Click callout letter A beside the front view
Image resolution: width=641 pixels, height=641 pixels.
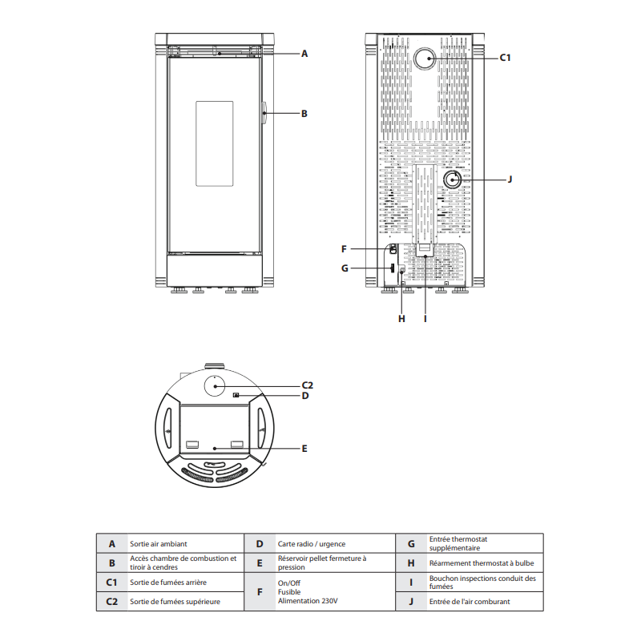click(x=304, y=54)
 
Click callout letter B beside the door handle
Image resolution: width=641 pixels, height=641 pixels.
click(x=304, y=114)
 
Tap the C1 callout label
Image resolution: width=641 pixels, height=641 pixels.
click(x=505, y=58)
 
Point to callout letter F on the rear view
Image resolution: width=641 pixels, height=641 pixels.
click(x=344, y=248)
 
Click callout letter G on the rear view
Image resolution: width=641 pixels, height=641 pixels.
click(x=344, y=268)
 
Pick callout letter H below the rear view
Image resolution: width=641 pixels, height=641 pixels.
click(x=401, y=318)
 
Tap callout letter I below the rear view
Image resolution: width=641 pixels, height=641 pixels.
click(x=425, y=318)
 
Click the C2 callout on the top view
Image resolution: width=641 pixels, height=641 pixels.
click(x=307, y=385)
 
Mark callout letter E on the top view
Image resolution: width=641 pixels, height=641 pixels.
click(x=304, y=449)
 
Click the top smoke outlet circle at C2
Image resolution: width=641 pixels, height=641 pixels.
click(x=216, y=385)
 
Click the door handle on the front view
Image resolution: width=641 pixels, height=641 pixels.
click(x=264, y=114)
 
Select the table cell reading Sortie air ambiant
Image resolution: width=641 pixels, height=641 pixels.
click(x=159, y=543)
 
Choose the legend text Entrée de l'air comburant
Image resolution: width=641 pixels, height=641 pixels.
click(x=470, y=601)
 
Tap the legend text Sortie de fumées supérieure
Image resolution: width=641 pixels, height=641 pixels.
click(x=175, y=601)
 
